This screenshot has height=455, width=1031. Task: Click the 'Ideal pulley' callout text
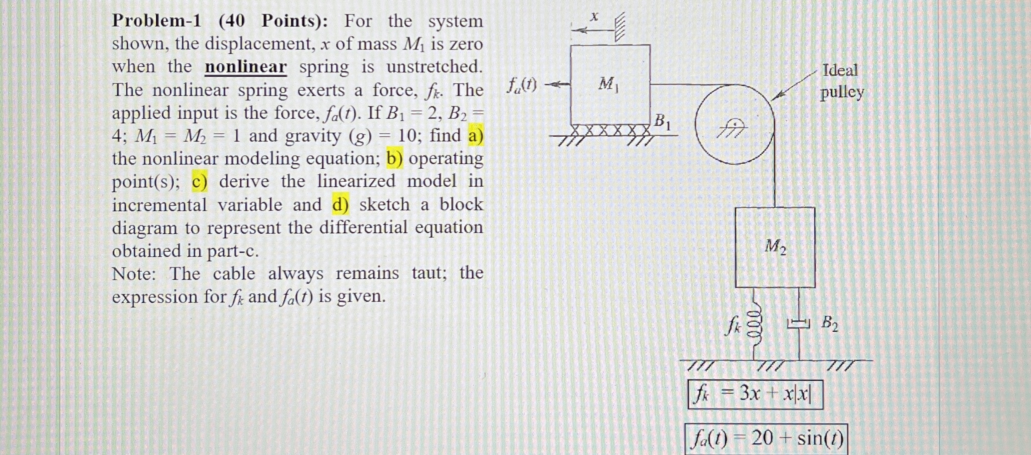coord(841,81)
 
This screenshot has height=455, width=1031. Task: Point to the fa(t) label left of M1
coord(521,85)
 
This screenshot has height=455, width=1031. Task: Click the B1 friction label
coord(663,122)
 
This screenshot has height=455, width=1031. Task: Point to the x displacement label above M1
coord(595,17)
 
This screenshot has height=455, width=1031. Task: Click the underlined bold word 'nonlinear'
coord(245,67)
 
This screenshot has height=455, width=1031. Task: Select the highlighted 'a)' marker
coord(475,136)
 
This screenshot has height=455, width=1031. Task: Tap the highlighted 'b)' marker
coord(394,159)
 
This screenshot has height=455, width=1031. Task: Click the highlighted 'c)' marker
coord(200,182)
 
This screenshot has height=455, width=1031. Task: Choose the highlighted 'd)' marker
coord(340,205)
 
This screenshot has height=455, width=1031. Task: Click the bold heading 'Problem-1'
coord(156,21)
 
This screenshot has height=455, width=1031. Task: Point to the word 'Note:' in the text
coord(134,274)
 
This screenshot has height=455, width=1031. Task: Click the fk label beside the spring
coord(732,327)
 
